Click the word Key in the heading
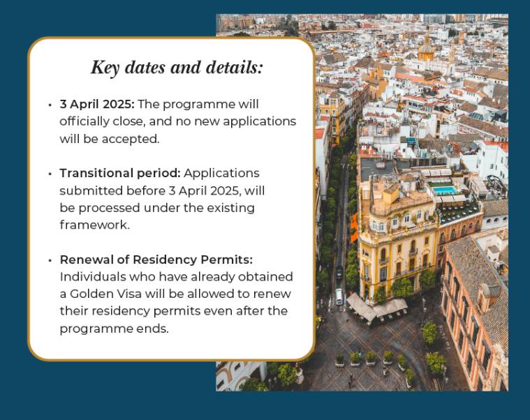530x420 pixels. click(x=105, y=68)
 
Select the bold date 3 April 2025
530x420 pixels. click(x=97, y=104)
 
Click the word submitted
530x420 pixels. click(x=91, y=190)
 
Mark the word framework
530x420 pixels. click(x=95, y=225)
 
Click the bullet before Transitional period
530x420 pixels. click(x=50, y=174)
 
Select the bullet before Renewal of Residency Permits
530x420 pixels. click(x=50, y=260)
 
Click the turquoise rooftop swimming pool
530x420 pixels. click(x=444, y=190)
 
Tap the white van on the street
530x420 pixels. click(x=339, y=297)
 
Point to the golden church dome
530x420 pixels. click(x=426, y=51)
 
